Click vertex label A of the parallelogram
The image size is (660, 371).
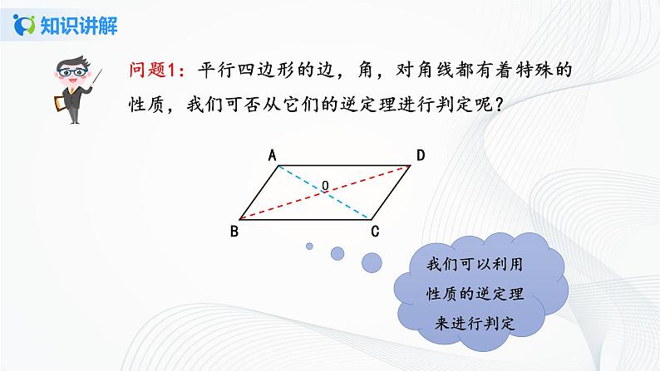(271, 154)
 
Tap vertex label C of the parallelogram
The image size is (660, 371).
(375, 231)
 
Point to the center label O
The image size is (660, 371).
(325, 185)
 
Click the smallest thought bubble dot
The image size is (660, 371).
(309, 245)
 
